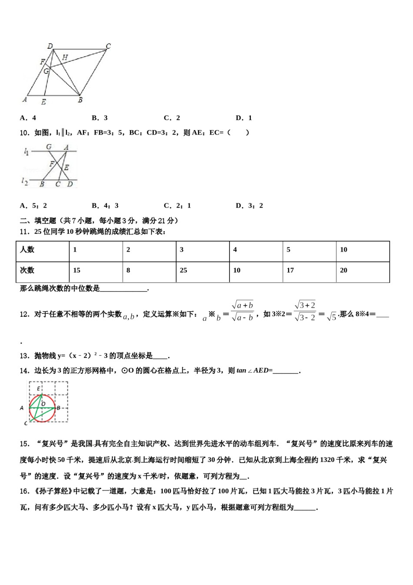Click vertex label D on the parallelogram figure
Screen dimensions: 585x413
[x=50, y=46]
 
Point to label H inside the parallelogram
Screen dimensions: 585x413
[x=65, y=57]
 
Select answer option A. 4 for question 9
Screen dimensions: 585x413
[x=28, y=118]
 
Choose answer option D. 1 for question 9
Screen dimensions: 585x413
[x=243, y=118]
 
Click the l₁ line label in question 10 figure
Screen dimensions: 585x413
[x=26, y=151]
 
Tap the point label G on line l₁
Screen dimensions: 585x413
[x=49, y=147]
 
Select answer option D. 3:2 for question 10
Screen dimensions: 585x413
[x=249, y=206]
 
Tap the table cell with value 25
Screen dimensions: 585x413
[x=183, y=270]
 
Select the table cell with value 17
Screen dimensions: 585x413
[x=290, y=270]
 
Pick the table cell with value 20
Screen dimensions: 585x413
[x=343, y=270]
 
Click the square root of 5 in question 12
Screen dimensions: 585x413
[x=331, y=316]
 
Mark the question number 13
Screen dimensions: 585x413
[x=24, y=356]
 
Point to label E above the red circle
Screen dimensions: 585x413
[x=38, y=389]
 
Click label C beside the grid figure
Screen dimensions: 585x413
[x=26, y=423]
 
